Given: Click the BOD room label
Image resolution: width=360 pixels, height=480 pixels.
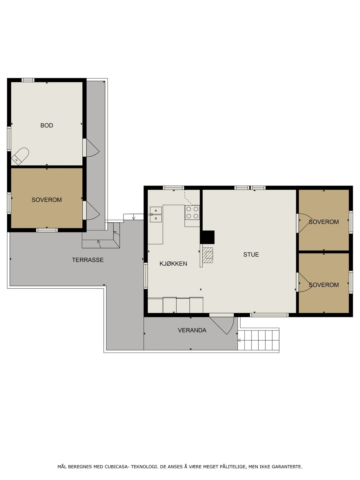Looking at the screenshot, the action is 47,125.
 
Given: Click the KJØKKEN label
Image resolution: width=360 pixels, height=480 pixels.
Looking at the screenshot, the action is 173,263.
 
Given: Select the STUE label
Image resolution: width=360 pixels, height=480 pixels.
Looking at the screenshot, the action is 251,254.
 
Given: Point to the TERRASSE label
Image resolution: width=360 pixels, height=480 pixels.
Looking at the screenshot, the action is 88,260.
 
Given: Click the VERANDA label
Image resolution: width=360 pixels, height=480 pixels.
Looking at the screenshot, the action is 192,330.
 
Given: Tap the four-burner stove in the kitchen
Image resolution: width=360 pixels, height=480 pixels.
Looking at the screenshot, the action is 192,213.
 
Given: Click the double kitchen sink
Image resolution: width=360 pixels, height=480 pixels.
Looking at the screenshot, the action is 156,215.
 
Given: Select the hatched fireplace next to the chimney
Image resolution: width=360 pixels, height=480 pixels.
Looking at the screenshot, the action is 208,255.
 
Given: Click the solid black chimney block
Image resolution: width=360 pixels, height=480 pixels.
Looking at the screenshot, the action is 207,237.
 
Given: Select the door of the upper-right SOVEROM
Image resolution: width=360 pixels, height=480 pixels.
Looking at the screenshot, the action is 305,223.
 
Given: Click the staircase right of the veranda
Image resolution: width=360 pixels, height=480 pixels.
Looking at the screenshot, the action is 258,340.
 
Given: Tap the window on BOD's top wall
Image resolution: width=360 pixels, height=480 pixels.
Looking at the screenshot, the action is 28,80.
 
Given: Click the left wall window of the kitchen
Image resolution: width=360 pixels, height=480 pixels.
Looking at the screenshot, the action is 146,276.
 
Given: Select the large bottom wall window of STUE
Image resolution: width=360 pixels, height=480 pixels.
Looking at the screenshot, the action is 269,315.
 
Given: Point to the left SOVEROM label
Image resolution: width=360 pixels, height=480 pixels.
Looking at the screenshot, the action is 47,200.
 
